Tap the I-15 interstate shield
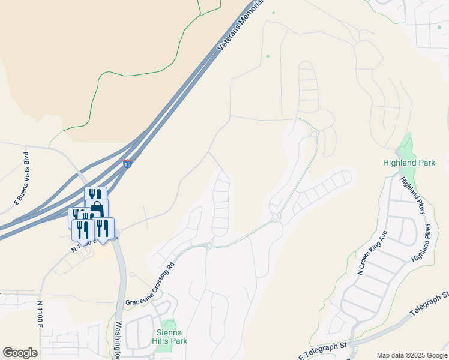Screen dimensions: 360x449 (x=127, y=163)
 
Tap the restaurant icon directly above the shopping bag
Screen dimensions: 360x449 (x=95, y=195)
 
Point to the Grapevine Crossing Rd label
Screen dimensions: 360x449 (x=149, y=284)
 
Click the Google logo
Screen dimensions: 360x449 (x=20, y=353)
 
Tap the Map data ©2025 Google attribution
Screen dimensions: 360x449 (x=411, y=355)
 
